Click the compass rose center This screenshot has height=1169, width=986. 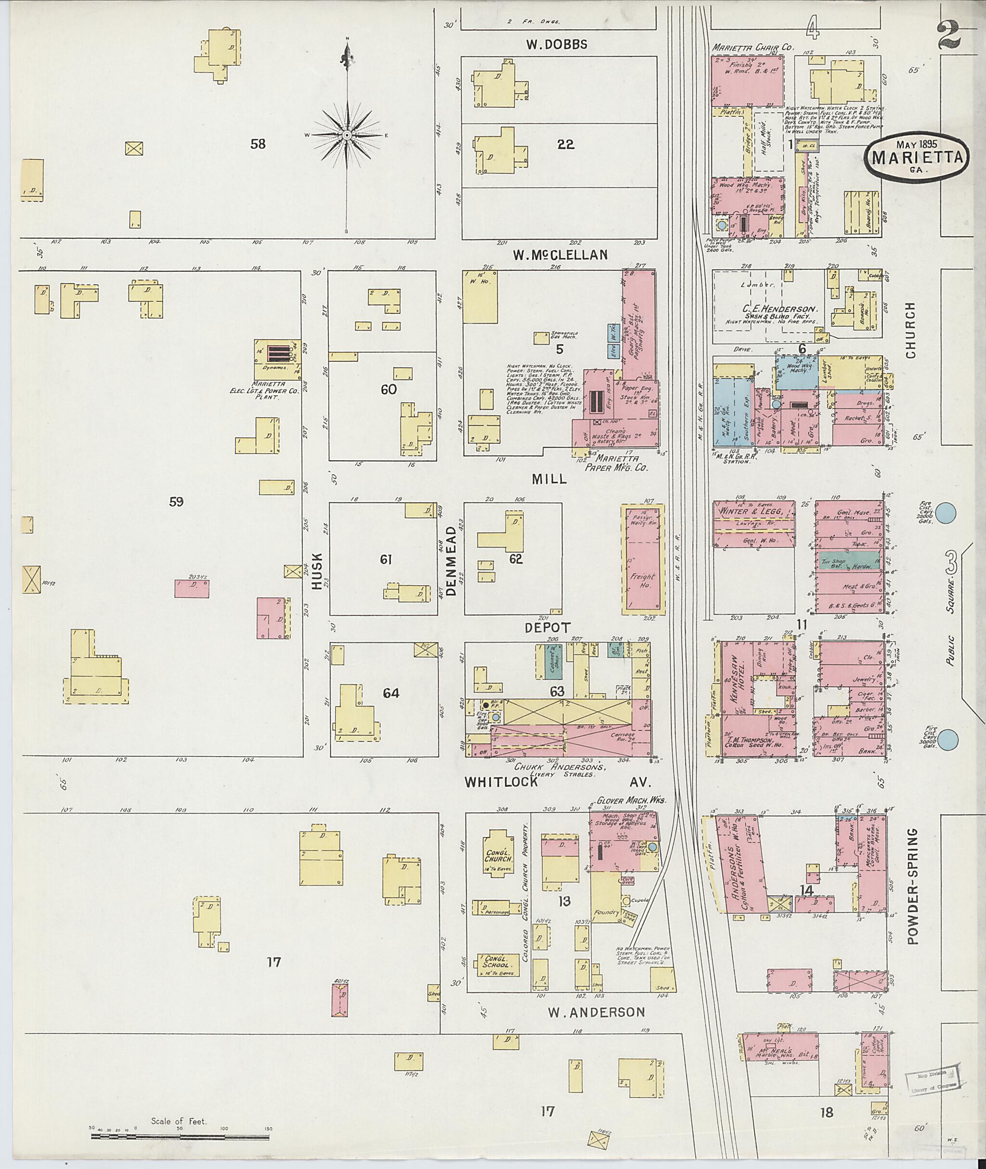(347, 135)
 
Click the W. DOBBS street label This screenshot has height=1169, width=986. (556, 44)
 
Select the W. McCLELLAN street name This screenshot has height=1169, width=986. (560, 255)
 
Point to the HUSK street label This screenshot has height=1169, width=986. (317, 571)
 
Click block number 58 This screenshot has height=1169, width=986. (258, 144)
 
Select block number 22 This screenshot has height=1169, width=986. (566, 144)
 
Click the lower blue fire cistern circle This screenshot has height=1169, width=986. (947, 740)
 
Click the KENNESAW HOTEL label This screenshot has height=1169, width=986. (733, 678)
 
